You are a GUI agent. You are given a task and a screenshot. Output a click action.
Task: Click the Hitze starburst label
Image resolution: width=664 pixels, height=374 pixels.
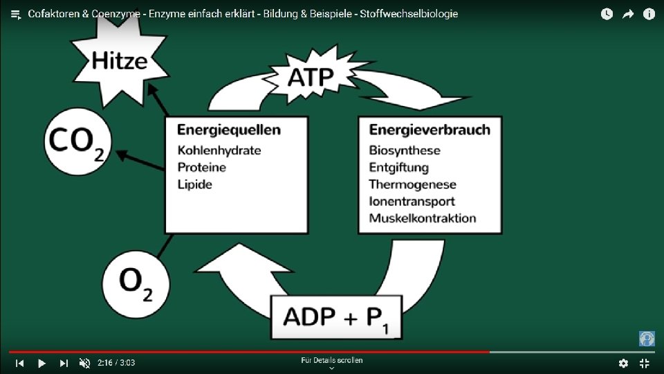coord(119,60)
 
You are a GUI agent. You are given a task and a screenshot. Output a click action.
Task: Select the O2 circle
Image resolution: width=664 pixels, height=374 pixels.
coord(136,283)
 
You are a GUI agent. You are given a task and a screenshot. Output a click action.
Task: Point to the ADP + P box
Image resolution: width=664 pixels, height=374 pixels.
coord(335,317)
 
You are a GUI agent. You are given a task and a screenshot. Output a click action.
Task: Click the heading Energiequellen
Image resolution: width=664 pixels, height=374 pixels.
coord(228,130)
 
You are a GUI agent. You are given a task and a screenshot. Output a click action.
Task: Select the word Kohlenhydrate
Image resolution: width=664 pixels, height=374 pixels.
coord(219,150)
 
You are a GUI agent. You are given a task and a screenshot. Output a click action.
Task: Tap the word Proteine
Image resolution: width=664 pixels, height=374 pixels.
coord(201,168)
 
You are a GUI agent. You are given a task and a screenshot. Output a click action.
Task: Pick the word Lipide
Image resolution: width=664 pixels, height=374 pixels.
coord(194,184)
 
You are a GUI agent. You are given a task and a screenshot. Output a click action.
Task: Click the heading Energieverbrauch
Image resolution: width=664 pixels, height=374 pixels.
coord(429,130)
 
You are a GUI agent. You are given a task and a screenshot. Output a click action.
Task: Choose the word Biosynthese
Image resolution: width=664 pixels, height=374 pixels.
coord(404,150)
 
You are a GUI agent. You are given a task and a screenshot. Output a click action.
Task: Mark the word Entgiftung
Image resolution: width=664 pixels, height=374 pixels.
coord(398,168)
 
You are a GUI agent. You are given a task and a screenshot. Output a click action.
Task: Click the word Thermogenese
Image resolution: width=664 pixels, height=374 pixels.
coord(412,184)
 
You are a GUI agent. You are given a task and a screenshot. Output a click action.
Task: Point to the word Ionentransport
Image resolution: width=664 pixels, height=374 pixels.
coord(412,202)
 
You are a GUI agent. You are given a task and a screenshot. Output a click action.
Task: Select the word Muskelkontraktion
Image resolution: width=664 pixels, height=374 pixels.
coord(422,218)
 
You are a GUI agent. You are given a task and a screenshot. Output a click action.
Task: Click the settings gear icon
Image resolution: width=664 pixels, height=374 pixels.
coord(623,363)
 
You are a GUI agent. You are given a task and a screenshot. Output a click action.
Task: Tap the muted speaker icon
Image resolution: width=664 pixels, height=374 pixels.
coord(84,363)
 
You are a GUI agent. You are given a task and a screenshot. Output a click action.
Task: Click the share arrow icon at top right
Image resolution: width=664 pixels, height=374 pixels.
coord(628,14)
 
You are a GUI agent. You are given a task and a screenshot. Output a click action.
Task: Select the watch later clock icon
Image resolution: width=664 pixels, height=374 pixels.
coord(607,14)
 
